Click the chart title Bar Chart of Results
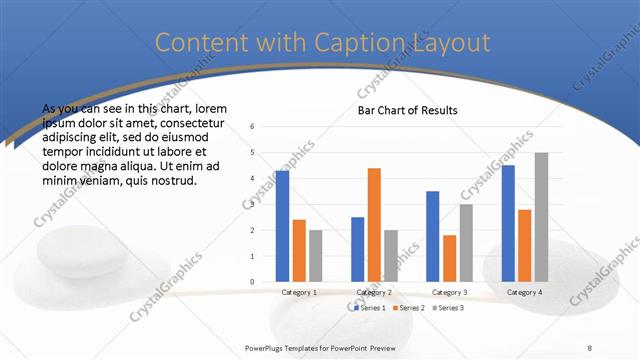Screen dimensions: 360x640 coord(407,110)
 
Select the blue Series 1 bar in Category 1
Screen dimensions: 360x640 coord(282,226)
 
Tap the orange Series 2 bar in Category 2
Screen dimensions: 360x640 coord(374,225)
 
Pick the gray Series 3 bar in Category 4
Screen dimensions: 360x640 coord(541,217)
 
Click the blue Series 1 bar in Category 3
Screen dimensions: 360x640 coord(432,236)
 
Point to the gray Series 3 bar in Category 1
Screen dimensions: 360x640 coord(315,256)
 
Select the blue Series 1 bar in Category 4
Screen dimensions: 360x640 coord(508,223)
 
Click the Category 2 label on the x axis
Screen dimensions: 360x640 coord(374,292)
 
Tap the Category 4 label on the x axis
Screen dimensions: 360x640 coord(524,292)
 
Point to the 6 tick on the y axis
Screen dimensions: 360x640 coord(252,127)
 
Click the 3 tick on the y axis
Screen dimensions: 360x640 coord(252,204)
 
